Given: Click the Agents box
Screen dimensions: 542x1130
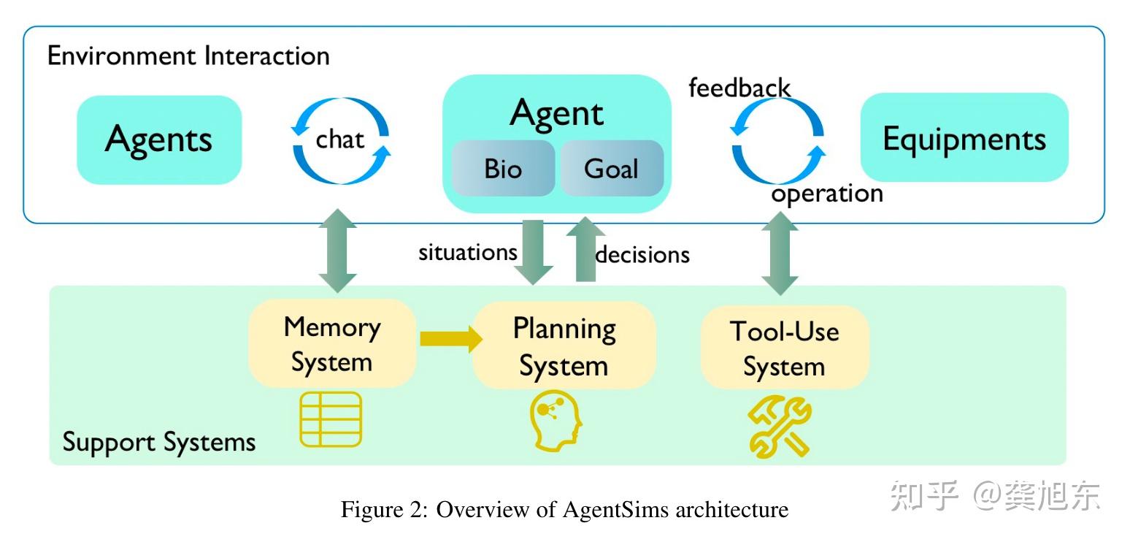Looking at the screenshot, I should coord(159,140).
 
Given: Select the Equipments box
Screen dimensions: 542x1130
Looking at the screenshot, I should coord(964,138).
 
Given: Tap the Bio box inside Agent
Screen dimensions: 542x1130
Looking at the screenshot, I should coord(503,169).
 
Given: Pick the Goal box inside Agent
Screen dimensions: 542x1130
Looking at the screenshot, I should coord(612,169).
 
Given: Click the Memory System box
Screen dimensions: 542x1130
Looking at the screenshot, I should coord(332,344).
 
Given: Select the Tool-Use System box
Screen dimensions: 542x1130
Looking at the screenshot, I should coord(785,348).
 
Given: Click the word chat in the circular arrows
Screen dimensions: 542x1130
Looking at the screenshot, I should coord(339,139).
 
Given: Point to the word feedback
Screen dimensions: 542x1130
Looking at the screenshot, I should coord(739,88).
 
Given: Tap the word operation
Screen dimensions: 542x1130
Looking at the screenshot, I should coord(827,194).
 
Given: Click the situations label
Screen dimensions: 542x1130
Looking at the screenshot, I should coord(467,252).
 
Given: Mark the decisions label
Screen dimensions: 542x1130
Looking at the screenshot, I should coord(643,254).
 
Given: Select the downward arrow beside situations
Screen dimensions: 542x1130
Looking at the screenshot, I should coord(534,251).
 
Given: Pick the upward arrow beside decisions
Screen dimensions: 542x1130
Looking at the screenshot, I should coord(585,248).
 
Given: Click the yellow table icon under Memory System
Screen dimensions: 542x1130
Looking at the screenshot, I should coord(331,419).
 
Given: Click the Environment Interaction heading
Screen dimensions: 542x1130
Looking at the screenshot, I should coord(188,56).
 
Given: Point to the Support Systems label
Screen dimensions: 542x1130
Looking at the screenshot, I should coord(159,442).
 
